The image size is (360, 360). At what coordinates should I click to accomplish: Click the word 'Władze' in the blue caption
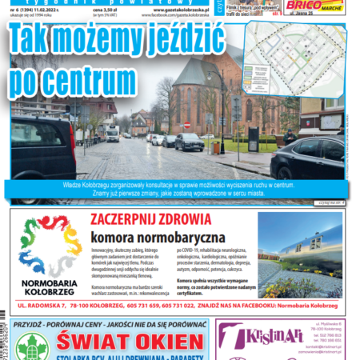click(90, 183)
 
